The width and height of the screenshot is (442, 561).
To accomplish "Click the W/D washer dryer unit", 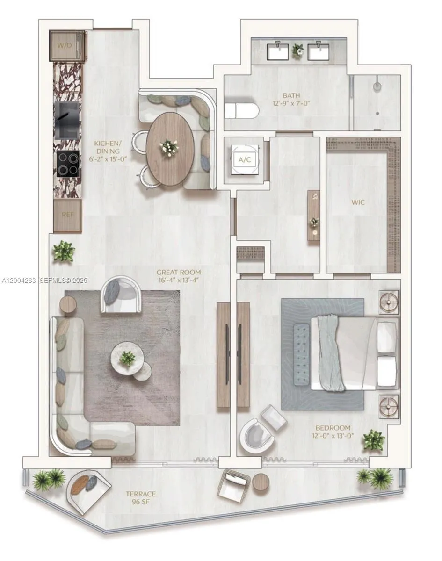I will coord(67,45).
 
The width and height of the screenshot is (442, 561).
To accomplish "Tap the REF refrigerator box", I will coord(68,216).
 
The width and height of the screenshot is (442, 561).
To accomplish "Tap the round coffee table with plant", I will coord(127,358).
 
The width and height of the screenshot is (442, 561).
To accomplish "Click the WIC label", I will coord(358,202).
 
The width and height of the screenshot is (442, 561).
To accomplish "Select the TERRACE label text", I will coord(141,494).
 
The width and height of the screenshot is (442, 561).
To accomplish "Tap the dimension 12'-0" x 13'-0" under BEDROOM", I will coord(333,436).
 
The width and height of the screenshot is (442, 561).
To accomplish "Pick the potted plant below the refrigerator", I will coord(64,252).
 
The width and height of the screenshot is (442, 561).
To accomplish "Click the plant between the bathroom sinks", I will coord(297,50).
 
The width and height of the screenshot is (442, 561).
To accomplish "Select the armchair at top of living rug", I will coord(121,295).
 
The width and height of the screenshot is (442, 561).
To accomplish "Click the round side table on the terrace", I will coord(261,481).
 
